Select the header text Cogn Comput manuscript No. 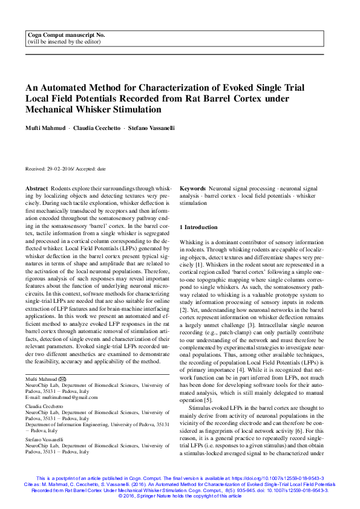[x=64, y=37]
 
